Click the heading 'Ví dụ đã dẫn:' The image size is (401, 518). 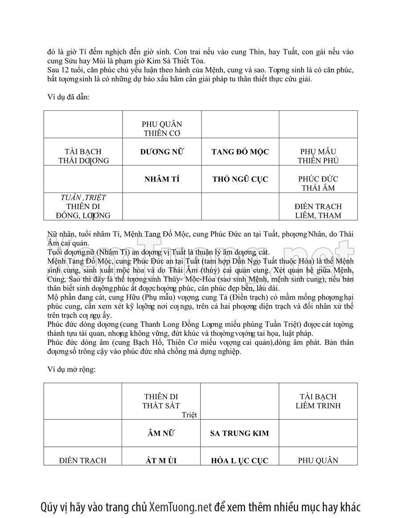pos(69,97)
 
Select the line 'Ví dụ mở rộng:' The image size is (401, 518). pos(71,369)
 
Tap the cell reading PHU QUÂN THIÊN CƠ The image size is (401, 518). pos(162,128)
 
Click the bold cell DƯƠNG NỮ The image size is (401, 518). pos(162,152)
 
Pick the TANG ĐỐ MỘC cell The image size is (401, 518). pos(240,152)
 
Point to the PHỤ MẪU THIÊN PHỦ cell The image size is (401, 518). pos(318,156)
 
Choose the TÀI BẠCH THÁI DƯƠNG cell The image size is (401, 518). pos(83,156)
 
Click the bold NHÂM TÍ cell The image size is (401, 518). pos(162,179)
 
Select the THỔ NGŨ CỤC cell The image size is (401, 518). pos(240,179)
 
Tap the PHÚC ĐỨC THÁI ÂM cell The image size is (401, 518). pos(318,183)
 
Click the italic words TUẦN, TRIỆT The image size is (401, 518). pos(83,197)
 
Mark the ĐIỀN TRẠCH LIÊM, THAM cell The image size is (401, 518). pos(318,211)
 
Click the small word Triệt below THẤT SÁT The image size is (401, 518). pos(189,415)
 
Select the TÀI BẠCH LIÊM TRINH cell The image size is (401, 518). pos(318,401)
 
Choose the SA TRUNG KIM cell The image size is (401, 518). pos(240,433)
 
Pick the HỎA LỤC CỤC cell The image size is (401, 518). pos(240,461)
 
